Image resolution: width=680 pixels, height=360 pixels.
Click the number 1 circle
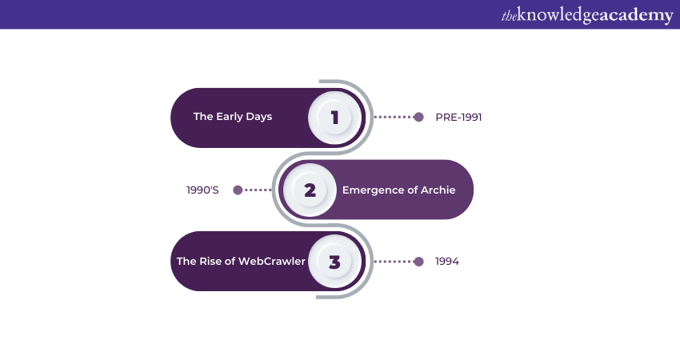click(334, 118)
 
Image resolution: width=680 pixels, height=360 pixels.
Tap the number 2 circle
click(310, 190)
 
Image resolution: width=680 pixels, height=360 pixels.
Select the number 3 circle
click(334, 262)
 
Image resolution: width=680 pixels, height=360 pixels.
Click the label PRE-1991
click(458, 117)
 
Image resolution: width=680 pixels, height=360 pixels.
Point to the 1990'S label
click(202, 190)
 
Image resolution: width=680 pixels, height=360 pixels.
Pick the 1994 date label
click(447, 261)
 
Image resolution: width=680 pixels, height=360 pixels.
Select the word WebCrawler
click(272, 261)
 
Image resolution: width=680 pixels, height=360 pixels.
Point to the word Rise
click(210, 261)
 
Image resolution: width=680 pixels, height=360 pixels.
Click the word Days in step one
click(259, 117)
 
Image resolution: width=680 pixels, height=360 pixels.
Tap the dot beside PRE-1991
click(418, 117)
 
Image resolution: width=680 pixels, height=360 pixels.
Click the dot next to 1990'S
click(238, 190)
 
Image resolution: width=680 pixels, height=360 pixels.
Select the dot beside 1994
click(418, 262)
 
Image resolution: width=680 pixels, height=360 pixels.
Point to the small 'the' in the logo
click(509, 16)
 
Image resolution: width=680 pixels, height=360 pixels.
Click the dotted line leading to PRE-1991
click(394, 117)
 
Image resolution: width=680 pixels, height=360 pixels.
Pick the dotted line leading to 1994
click(394, 262)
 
